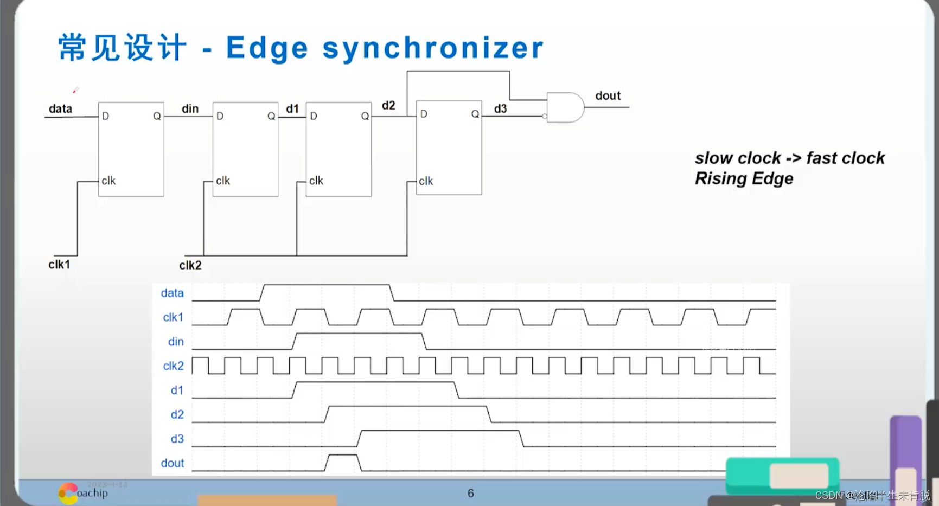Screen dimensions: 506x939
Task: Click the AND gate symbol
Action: coord(565,107)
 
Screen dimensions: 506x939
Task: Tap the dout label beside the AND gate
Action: coord(608,96)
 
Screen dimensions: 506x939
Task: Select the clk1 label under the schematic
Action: coord(59,265)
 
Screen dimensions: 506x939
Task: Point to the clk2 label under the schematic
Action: coord(190,265)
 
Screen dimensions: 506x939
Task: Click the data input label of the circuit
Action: coord(60,109)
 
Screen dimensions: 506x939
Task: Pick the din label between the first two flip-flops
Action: coord(190,109)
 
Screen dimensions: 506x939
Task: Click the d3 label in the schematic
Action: coord(500,109)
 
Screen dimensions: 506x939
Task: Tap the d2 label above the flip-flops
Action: coord(388,106)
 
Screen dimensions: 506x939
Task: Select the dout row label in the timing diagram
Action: coord(173,463)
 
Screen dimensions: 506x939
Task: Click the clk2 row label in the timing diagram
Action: coord(173,366)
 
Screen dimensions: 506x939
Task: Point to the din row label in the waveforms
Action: coord(176,342)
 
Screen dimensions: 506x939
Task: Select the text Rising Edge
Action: coord(744,178)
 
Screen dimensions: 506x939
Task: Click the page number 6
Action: coord(471,493)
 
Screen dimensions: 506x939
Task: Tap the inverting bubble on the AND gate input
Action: coord(545,116)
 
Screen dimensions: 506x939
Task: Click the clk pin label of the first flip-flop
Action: coord(108,181)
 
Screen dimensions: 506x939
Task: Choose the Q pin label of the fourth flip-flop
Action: coord(475,114)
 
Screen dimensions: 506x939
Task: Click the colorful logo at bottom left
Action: coord(68,493)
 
